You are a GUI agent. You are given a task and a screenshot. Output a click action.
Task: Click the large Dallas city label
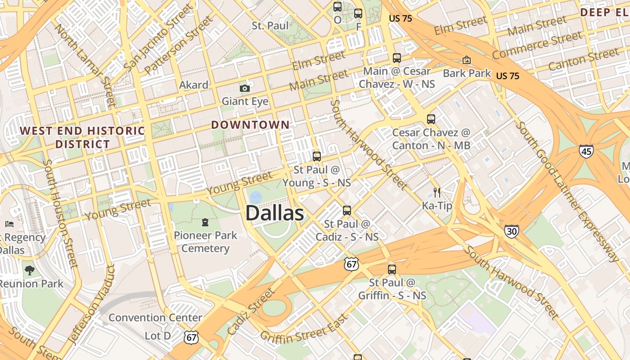pyautogui.click(x=274, y=213)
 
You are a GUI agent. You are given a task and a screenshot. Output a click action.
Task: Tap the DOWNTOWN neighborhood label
pyautogui.click(x=251, y=125)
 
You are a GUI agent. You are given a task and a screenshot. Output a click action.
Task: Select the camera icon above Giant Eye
pyautogui.click(x=244, y=88)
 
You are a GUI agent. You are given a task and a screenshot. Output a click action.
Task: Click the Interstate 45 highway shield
pyautogui.click(x=586, y=152)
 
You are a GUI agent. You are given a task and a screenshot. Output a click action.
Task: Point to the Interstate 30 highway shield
pyautogui.click(x=511, y=231)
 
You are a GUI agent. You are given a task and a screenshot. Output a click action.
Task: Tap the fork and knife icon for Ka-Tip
pyautogui.click(x=436, y=193)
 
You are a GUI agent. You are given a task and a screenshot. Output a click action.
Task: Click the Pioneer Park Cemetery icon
pyautogui.click(x=205, y=222)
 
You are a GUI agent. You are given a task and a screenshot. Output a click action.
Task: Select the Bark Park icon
pyautogui.click(x=467, y=60)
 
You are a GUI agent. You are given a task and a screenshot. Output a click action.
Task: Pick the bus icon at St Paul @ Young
pyautogui.click(x=317, y=157)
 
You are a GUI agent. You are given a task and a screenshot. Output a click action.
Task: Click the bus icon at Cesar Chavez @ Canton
pyautogui.click(x=431, y=119)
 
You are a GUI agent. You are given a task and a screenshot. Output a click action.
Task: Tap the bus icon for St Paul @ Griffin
pyautogui.click(x=392, y=270)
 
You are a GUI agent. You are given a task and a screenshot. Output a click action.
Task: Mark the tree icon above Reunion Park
pyautogui.click(x=30, y=270)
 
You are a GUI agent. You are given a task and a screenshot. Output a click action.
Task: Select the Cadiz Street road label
pyautogui.click(x=251, y=311)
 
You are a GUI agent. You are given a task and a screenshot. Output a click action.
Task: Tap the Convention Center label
pyautogui.click(x=155, y=318)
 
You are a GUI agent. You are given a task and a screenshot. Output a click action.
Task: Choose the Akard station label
pyautogui.click(x=193, y=85)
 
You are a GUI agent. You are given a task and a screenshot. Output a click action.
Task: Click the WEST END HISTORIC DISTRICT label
pyautogui.click(x=82, y=138)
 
